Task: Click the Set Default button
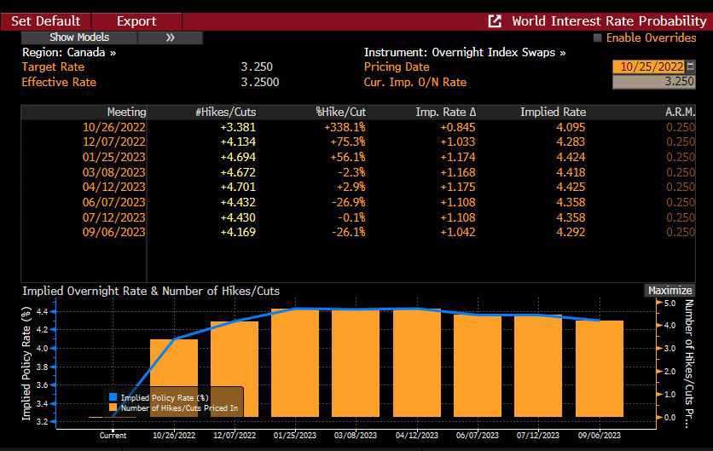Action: (45, 20)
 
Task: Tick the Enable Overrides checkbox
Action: (597, 38)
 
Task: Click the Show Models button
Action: (79, 38)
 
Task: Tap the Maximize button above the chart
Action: (670, 291)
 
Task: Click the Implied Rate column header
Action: (553, 112)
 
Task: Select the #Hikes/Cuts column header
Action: (225, 112)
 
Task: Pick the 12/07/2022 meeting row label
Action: (116, 141)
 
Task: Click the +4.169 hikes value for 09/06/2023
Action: (238, 232)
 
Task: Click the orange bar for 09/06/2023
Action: (599, 368)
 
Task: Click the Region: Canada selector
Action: (68, 52)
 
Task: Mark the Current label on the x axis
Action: (113, 436)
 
